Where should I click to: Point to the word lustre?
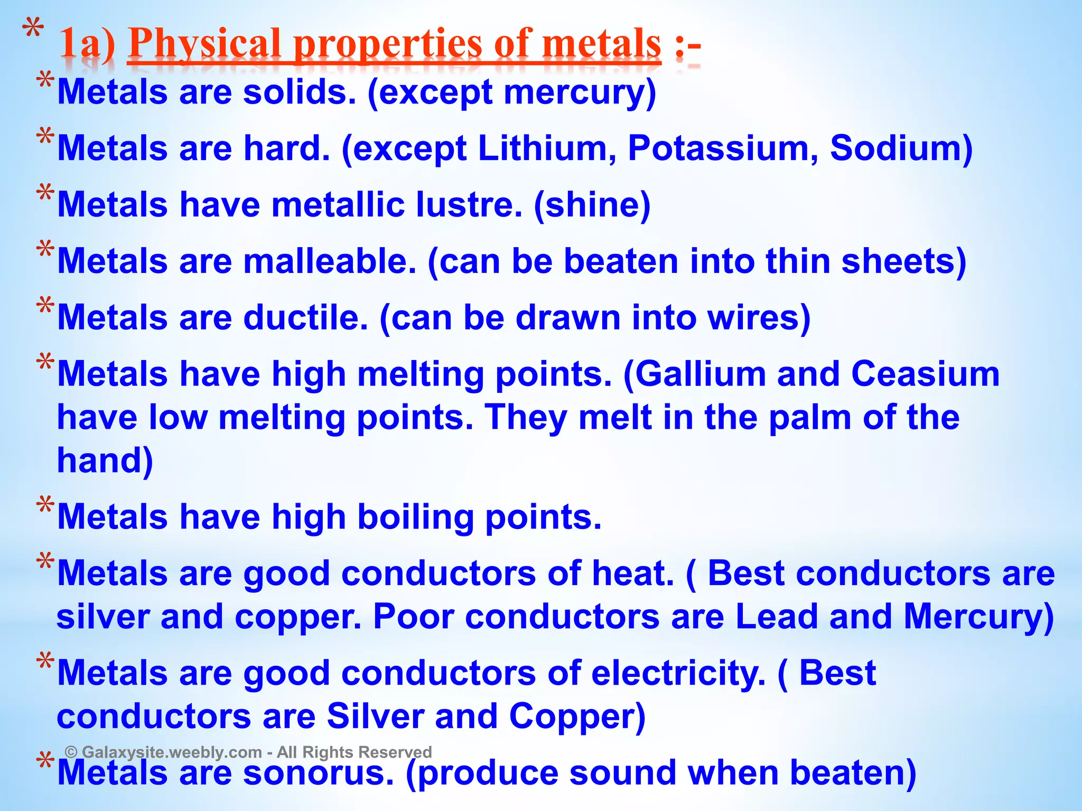tap(468, 205)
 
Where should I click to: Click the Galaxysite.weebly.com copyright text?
tap(248, 752)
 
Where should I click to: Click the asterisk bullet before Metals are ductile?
tap(45, 307)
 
